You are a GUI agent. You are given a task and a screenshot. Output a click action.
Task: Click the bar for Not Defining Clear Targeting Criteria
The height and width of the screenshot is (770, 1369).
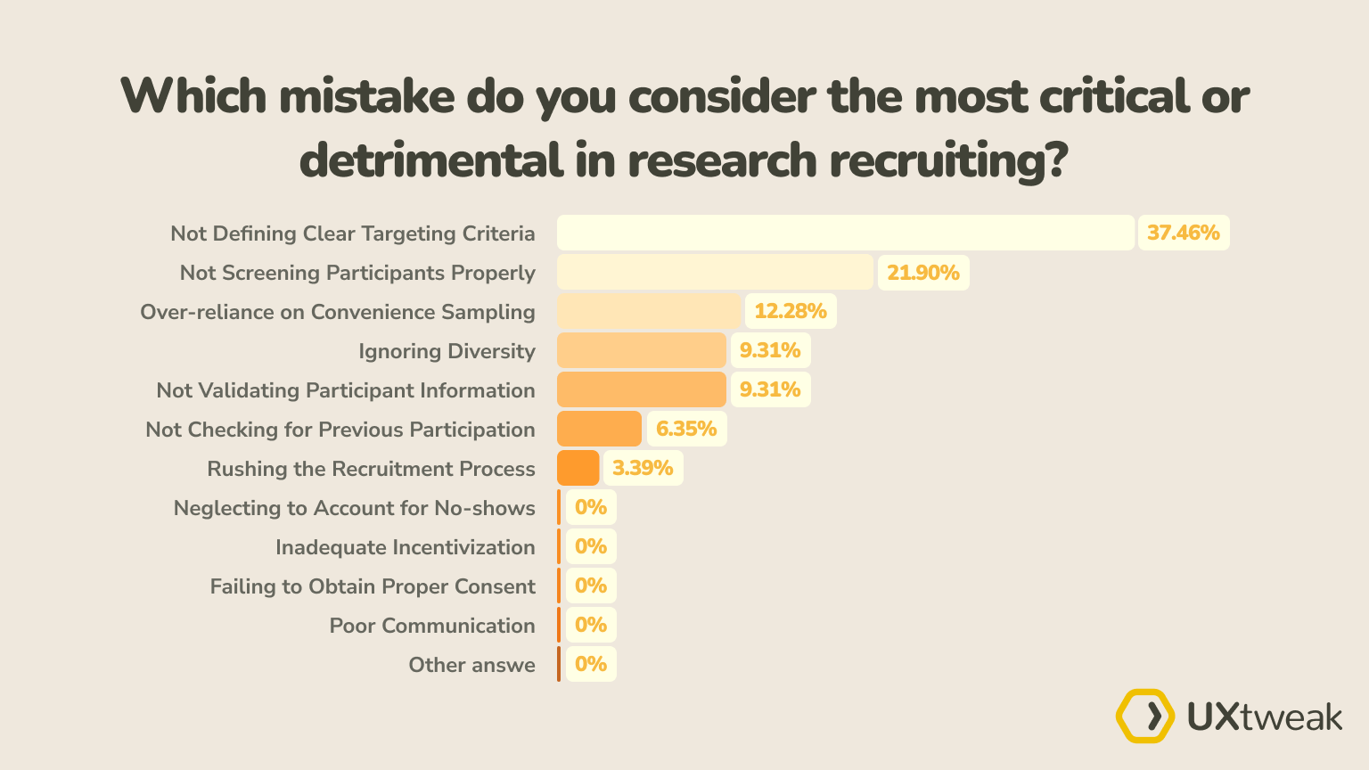(x=845, y=233)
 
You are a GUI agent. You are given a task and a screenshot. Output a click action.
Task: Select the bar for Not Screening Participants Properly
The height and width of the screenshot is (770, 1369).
(x=715, y=272)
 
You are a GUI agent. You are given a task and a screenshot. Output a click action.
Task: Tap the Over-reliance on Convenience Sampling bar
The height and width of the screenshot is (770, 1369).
(x=649, y=311)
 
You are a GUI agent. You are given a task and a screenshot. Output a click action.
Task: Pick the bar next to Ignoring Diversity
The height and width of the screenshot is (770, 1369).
(x=641, y=350)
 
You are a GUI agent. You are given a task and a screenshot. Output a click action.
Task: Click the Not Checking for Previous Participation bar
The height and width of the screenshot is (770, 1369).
(x=599, y=429)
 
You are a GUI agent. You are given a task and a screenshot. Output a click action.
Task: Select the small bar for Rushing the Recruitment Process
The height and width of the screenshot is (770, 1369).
(x=578, y=468)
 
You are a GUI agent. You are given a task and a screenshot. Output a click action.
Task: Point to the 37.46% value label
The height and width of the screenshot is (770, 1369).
(x=1183, y=233)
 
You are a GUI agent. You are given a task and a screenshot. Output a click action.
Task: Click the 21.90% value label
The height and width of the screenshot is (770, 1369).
(x=922, y=272)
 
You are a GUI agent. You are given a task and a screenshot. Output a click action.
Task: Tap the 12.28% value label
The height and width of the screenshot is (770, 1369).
(x=790, y=311)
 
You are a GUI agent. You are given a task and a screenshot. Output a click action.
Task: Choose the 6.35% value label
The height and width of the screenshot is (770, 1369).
(x=685, y=429)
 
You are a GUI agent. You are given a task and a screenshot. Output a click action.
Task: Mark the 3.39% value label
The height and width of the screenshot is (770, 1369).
(x=642, y=468)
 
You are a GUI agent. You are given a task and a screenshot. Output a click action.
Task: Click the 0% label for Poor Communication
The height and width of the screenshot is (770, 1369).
(x=590, y=625)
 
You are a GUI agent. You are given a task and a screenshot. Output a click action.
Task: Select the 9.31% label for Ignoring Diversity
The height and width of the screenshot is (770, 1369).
(x=769, y=350)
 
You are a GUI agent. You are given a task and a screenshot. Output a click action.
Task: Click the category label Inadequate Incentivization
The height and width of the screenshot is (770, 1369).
(x=405, y=547)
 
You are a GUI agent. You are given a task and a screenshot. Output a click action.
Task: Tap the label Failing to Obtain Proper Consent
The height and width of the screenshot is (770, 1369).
(x=373, y=586)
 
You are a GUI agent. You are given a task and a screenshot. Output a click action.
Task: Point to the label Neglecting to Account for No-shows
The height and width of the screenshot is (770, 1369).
(x=354, y=508)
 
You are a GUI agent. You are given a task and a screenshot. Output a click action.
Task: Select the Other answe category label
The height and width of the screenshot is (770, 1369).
(x=471, y=665)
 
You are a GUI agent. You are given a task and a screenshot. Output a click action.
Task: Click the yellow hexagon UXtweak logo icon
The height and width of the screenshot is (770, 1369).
(x=1145, y=716)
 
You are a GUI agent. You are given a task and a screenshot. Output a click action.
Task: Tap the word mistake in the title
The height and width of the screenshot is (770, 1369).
(x=366, y=96)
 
